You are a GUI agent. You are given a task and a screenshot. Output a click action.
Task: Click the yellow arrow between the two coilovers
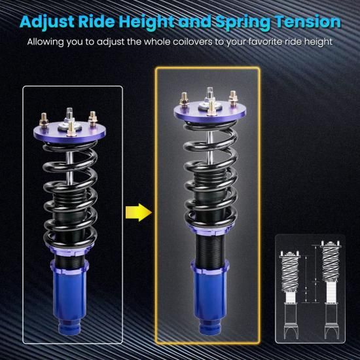click(139, 212)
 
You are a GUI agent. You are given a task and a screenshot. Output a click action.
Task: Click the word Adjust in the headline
click(47, 22)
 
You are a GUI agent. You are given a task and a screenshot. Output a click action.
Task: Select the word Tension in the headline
click(308, 22)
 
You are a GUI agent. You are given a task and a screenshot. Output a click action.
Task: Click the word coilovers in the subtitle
click(198, 42)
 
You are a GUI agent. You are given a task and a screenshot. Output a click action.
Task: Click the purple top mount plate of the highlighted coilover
click(210, 111)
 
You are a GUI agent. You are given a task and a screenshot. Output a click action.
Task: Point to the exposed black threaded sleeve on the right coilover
click(209, 248)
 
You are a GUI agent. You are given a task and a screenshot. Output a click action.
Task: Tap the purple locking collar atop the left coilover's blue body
click(69, 266)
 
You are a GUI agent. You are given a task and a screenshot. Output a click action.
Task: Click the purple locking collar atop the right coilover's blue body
click(210, 267)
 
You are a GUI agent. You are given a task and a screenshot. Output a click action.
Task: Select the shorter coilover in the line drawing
click(289, 295)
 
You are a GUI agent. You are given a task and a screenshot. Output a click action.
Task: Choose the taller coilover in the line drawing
click(330, 290)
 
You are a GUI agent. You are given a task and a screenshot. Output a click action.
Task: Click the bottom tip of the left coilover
click(69, 334)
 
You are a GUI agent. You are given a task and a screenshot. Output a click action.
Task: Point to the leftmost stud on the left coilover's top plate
click(44, 120)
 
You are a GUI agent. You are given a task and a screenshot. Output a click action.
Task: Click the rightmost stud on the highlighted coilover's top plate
click(233, 98)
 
